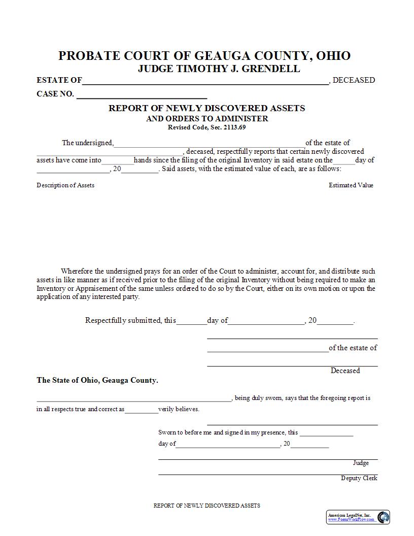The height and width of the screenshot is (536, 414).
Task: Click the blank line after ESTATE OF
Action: (x=205, y=81)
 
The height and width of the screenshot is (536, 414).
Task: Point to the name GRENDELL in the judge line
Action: (x=271, y=69)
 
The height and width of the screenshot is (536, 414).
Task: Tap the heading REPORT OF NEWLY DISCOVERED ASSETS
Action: (x=207, y=108)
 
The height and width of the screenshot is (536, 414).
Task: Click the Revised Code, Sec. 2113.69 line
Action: (x=207, y=127)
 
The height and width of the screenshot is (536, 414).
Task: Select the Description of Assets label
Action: (x=65, y=185)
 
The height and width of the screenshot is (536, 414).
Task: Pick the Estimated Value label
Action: (x=351, y=185)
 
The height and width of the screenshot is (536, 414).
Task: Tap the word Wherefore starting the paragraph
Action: (x=77, y=271)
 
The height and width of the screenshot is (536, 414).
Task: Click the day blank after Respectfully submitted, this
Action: (x=192, y=321)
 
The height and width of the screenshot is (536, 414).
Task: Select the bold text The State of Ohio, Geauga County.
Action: (x=97, y=380)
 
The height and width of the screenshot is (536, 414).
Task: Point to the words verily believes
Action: (x=179, y=409)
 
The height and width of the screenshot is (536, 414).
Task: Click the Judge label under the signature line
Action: (x=361, y=463)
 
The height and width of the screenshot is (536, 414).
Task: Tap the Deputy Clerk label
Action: (x=359, y=478)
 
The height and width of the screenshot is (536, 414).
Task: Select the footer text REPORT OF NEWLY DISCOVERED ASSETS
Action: (x=206, y=506)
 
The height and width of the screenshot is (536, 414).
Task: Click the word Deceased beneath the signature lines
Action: (x=345, y=371)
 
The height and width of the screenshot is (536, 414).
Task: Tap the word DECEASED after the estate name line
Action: (x=354, y=80)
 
